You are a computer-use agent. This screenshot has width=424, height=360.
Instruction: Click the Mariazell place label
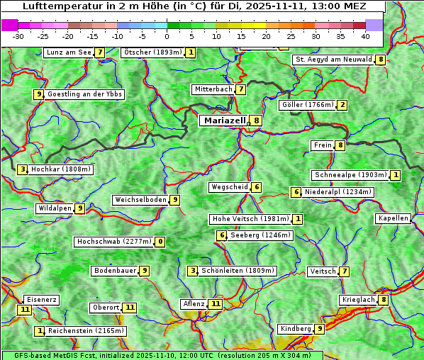click(x=225, y=120)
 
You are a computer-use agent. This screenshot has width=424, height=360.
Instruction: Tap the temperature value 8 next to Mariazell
click(x=256, y=120)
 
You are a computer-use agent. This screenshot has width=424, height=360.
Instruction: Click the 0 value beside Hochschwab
click(x=160, y=242)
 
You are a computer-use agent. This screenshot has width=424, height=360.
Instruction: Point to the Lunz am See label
click(x=68, y=52)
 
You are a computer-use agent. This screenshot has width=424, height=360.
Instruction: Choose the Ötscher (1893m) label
click(x=152, y=52)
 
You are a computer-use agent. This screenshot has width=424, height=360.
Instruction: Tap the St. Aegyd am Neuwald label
click(x=333, y=60)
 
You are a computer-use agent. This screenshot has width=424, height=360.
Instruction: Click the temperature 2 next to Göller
click(x=342, y=105)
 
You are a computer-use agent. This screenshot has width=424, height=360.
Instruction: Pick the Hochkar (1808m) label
click(x=62, y=169)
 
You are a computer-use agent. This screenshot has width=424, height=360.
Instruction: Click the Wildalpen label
click(x=55, y=208)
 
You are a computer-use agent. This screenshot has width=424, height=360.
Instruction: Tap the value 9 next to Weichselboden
click(x=174, y=200)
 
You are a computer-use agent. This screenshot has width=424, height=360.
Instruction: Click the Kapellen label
click(x=393, y=218)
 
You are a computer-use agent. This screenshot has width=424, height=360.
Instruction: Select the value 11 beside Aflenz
click(x=216, y=304)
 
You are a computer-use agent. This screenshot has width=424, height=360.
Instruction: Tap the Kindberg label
click(x=296, y=329)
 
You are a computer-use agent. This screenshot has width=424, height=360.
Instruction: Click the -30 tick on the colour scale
click(x=18, y=35)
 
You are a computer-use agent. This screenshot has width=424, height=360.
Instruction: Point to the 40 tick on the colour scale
click(x=365, y=35)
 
